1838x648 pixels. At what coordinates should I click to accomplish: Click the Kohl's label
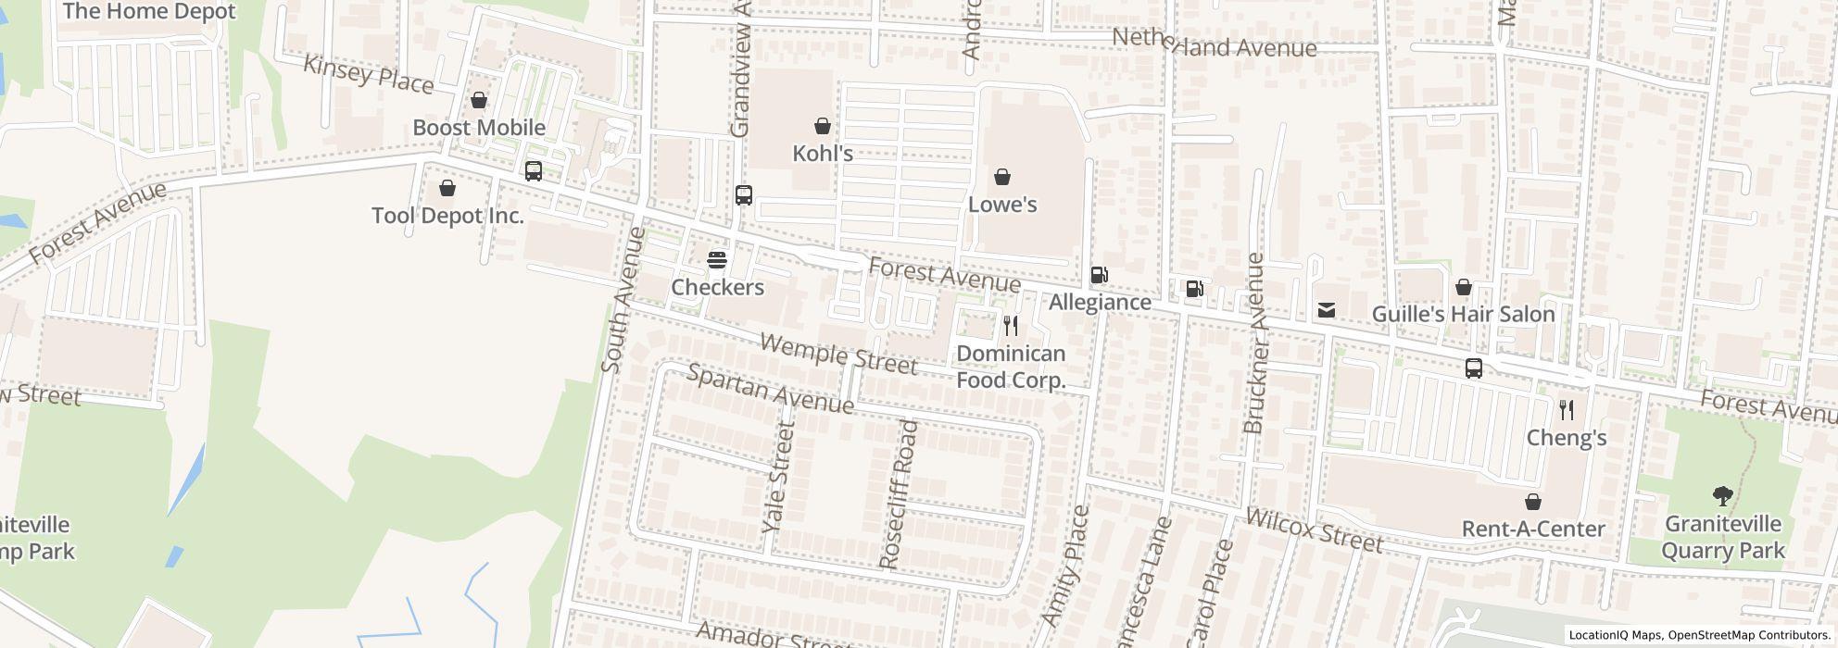click(823, 154)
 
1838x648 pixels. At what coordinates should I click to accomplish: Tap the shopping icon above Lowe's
click(1001, 177)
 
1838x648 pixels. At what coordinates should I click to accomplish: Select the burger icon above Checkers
click(717, 260)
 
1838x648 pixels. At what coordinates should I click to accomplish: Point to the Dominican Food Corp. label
click(1011, 367)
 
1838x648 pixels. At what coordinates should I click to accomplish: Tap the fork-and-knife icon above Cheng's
click(1567, 410)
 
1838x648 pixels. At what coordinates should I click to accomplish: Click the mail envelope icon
click(1327, 311)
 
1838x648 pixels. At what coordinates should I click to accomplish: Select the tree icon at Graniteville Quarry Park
click(1722, 496)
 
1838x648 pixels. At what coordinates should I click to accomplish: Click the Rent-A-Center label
click(1533, 530)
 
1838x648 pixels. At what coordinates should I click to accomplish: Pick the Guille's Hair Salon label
click(1463, 315)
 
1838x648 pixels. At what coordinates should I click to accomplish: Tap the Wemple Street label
click(838, 355)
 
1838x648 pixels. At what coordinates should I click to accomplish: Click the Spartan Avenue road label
click(770, 389)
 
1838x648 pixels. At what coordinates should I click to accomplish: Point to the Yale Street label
click(778, 476)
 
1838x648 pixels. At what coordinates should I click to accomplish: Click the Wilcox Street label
click(1315, 530)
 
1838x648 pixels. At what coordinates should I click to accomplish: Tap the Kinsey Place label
click(368, 74)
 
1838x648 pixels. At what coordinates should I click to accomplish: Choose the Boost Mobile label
click(479, 128)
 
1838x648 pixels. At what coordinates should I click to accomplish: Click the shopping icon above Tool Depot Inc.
click(447, 189)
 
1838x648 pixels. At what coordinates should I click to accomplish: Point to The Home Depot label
click(149, 12)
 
